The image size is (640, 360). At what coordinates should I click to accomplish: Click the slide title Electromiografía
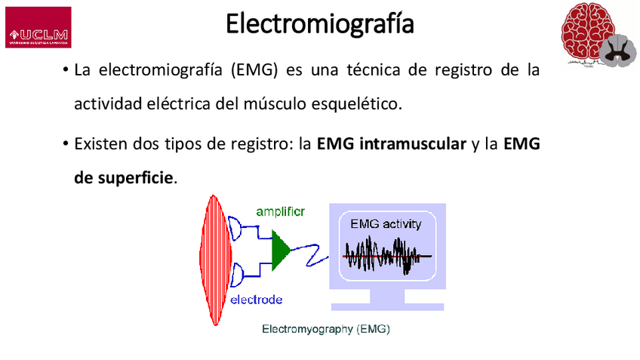(x=320, y=23)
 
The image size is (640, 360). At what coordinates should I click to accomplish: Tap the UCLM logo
(x=38, y=28)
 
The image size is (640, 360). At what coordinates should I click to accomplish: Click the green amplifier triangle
(x=280, y=249)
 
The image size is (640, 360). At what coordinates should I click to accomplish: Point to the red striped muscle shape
(x=216, y=258)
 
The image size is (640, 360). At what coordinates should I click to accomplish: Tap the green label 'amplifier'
(x=280, y=211)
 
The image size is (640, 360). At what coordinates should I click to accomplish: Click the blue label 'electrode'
(x=256, y=300)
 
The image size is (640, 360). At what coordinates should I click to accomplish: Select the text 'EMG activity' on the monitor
(x=386, y=224)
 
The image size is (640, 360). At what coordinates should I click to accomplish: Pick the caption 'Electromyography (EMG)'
(x=325, y=330)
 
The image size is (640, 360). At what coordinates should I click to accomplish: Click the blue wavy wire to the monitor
(x=310, y=254)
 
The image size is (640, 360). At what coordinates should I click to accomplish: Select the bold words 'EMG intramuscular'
(x=392, y=144)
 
